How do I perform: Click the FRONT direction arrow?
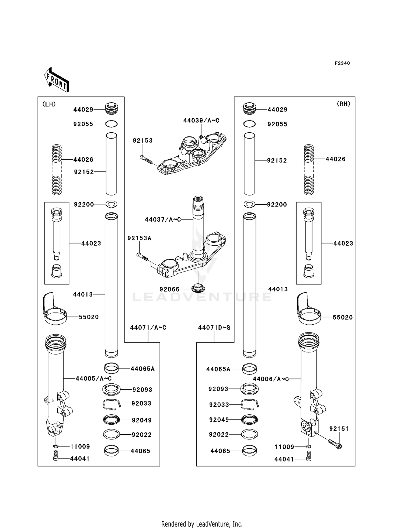[x=57, y=80]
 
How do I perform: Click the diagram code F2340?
[x=342, y=63]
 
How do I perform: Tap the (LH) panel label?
[x=49, y=104]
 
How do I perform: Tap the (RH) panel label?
[x=343, y=104]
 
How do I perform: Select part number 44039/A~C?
[x=201, y=121]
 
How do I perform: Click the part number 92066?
[x=169, y=289]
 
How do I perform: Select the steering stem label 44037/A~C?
[x=163, y=219]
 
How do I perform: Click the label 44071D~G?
[x=214, y=328]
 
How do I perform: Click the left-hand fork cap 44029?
[x=111, y=109]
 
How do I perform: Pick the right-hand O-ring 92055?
[x=249, y=124]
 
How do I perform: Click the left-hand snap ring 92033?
[x=111, y=404]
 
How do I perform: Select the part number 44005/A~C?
[x=93, y=379]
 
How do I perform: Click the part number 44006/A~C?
[x=271, y=379]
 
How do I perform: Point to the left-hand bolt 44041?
[x=56, y=458]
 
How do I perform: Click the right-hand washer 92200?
[x=249, y=204]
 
